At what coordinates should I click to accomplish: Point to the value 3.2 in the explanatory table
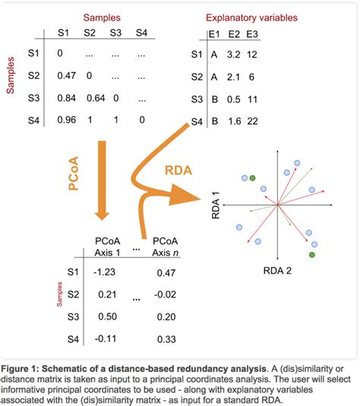pyautogui.click(x=233, y=55)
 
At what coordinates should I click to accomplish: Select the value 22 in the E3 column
pyautogui.click(x=253, y=121)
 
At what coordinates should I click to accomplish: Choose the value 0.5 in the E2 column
pyautogui.click(x=233, y=99)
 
